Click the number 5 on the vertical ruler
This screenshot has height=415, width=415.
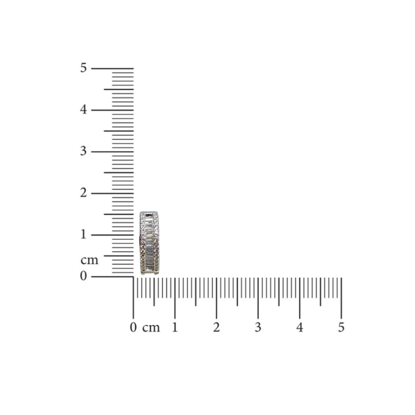[x=83, y=68]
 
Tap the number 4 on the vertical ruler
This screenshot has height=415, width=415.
[x=83, y=110]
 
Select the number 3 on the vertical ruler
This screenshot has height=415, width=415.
[x=83, y=151]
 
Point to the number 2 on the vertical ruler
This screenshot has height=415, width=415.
[x=83, y=193]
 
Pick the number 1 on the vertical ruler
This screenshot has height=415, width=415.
[x=84, y=234]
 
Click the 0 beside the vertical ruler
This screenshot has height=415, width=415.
[x=83, y=276]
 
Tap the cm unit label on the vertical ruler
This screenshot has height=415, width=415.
[x=89, y=260]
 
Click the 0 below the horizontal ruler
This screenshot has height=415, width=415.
[x=133, y=328]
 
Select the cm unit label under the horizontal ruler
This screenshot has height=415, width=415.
[x=151, y=328]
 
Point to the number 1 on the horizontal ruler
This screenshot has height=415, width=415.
[x=175, y=327]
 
